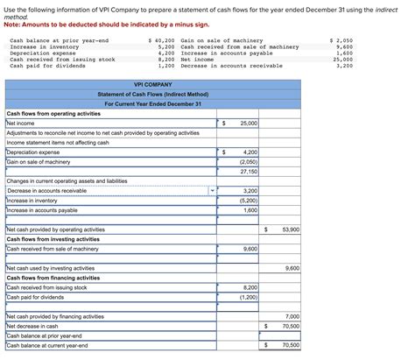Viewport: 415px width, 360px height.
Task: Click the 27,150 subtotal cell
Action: tap(249, 171)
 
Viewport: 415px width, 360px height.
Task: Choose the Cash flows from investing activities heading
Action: tap(53, 239)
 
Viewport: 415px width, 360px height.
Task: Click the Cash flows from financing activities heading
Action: tap(53, 278)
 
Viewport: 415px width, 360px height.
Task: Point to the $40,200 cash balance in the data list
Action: tap(163, 41)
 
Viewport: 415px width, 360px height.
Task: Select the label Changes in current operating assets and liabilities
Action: tap(67, 180)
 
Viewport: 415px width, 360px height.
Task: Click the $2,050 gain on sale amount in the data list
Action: tap(341, 41)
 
